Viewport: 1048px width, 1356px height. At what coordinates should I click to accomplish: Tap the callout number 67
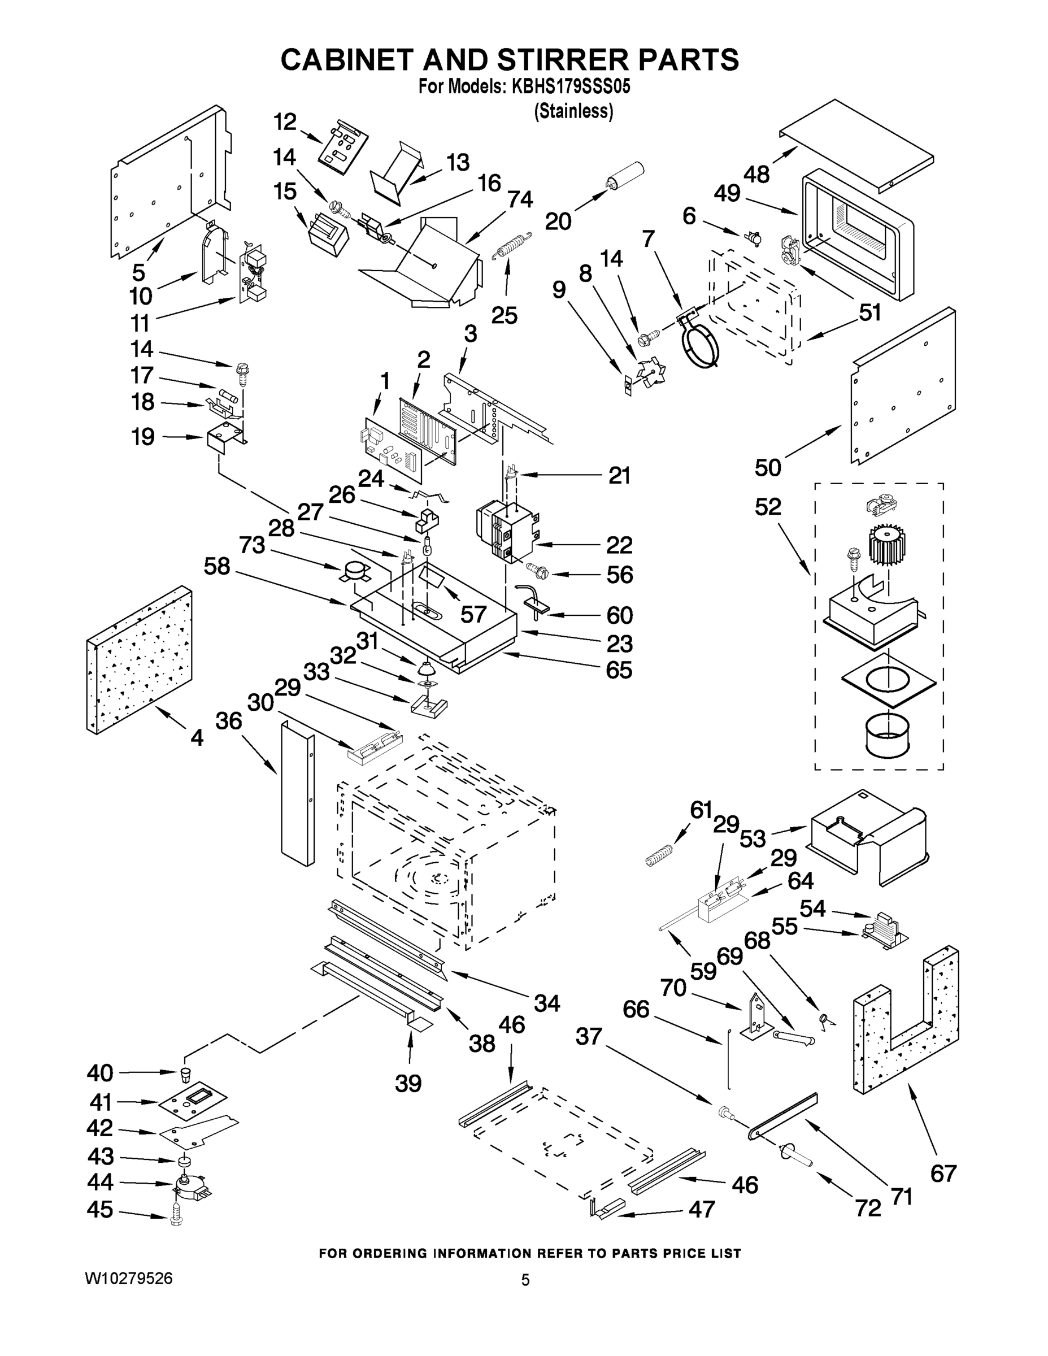[943, 1173]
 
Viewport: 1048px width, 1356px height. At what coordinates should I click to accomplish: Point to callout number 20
[558, 221]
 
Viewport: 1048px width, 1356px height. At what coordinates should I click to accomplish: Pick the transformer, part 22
[506, 531]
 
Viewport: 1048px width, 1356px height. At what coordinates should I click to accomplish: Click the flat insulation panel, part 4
[138, 659]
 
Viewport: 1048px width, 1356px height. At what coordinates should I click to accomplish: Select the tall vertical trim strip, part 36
[297, 795]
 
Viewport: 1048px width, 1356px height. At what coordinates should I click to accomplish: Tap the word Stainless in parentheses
[573, 111]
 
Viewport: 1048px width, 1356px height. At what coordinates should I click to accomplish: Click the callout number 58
[217, 566]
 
